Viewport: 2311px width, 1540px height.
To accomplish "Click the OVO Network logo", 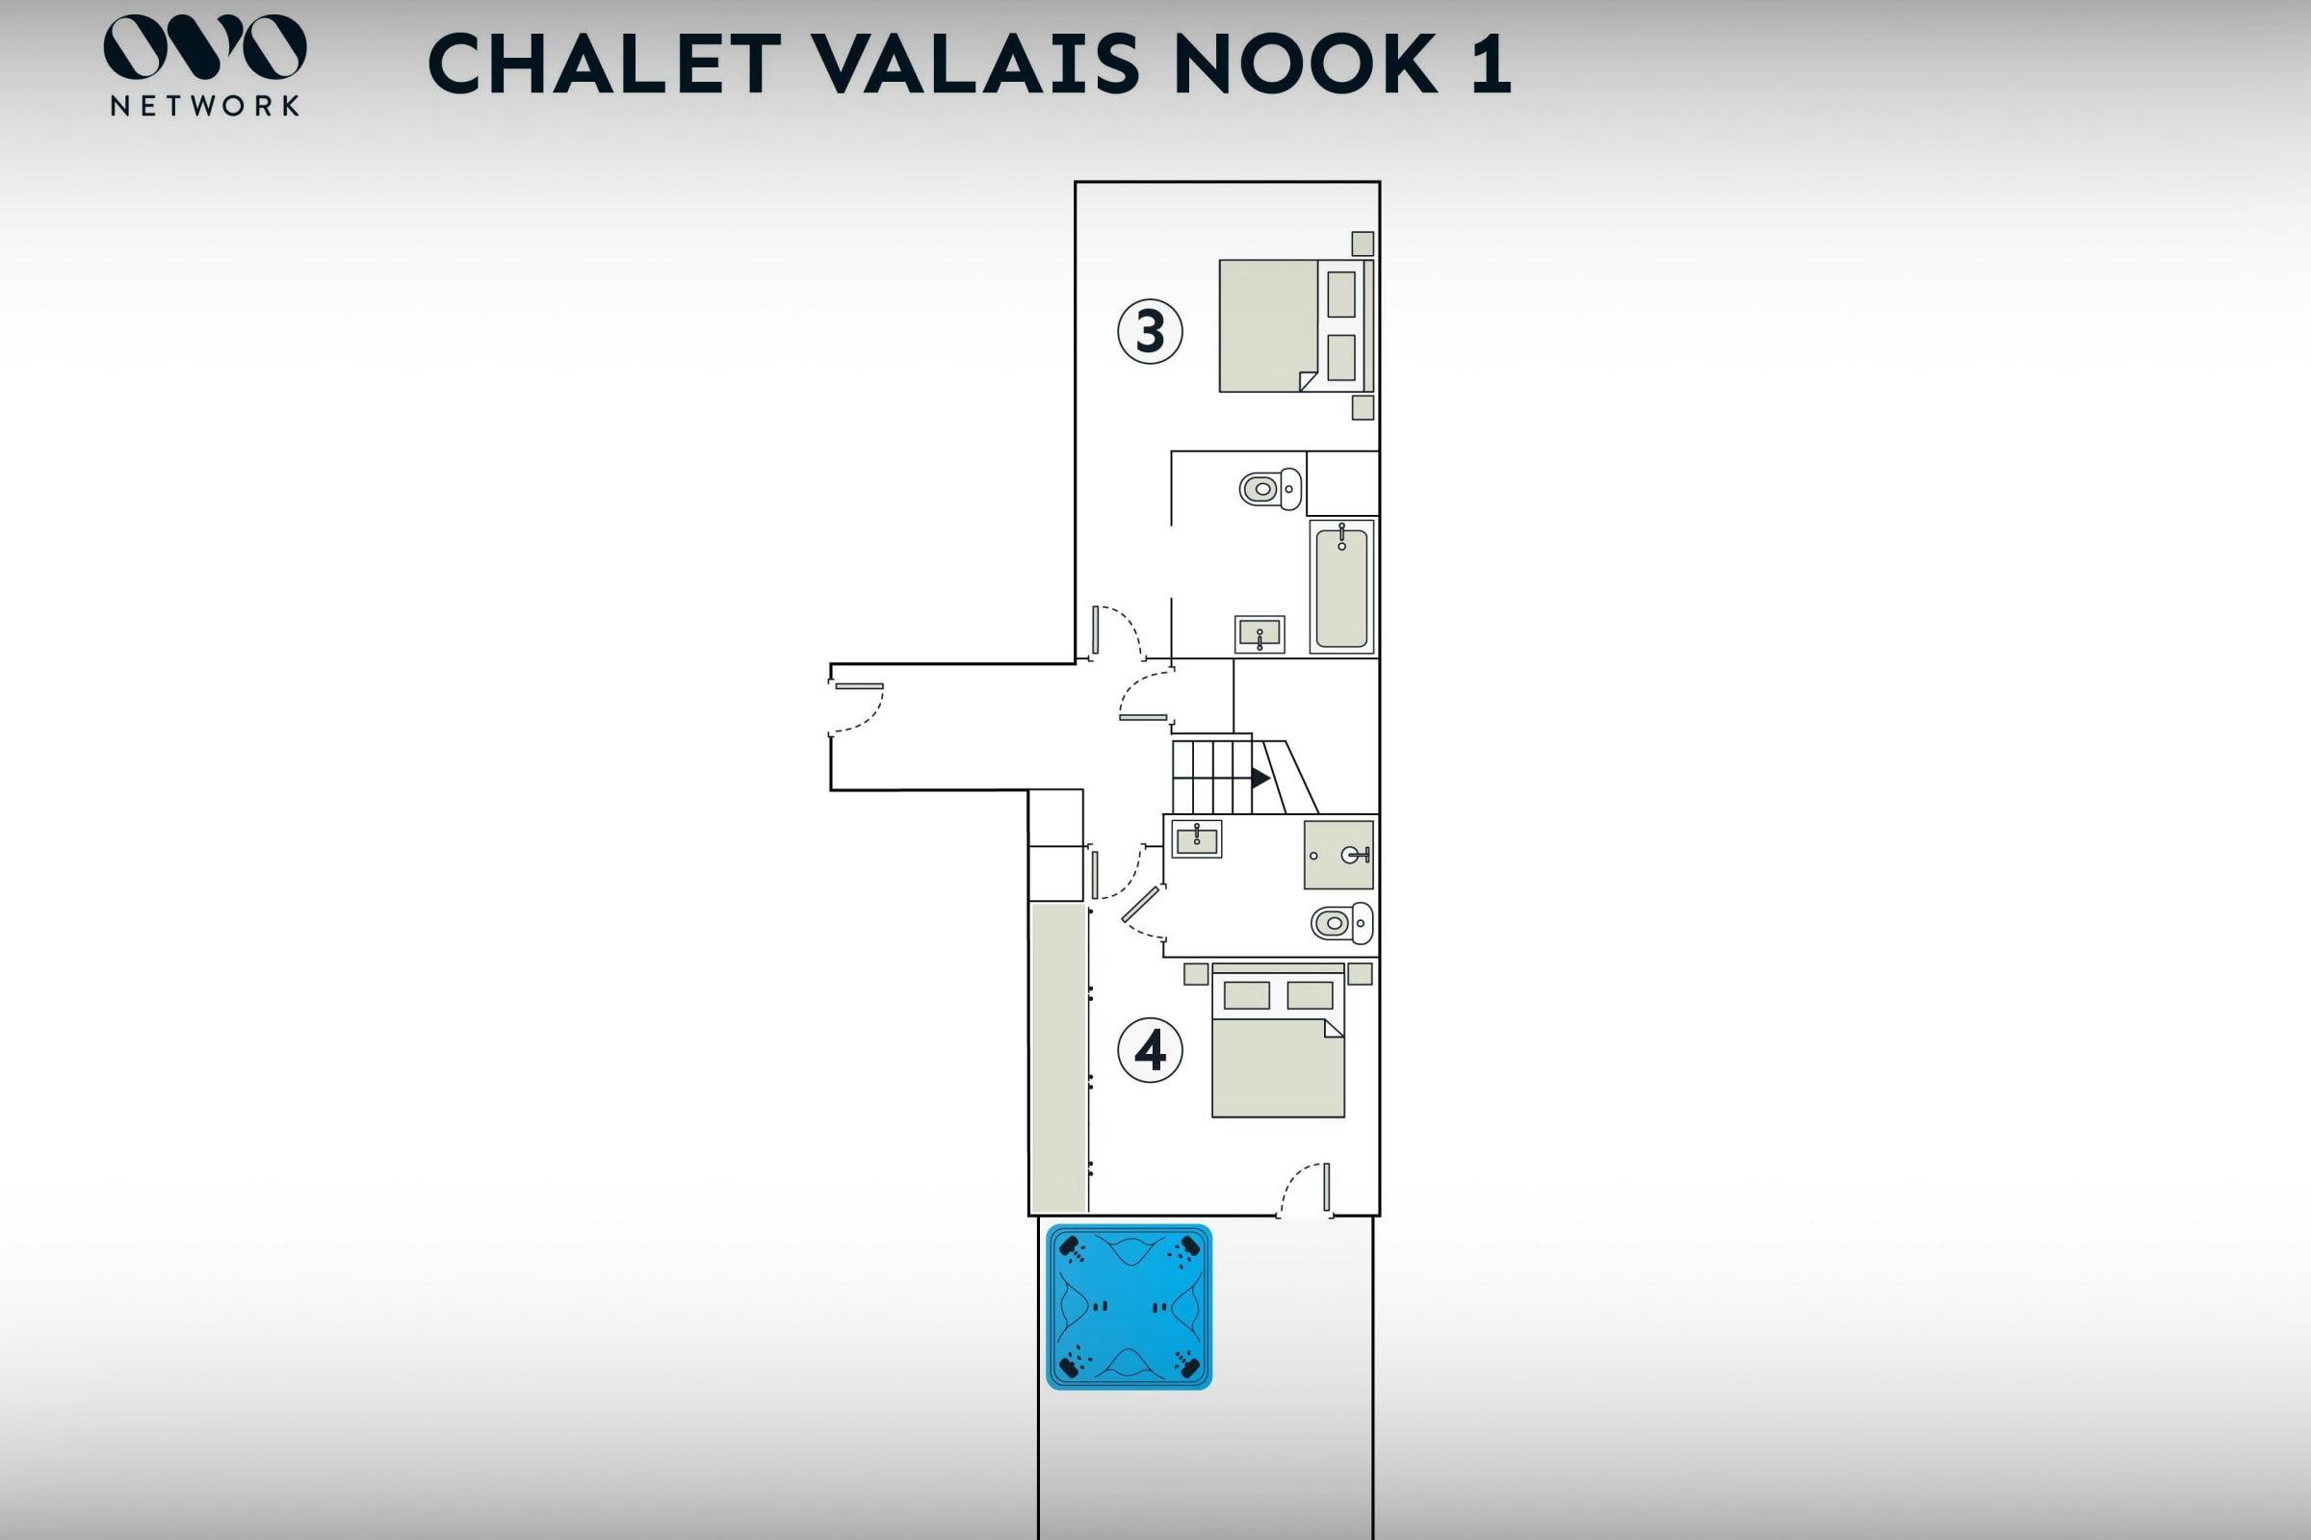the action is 204,64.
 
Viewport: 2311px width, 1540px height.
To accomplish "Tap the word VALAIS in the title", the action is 976,64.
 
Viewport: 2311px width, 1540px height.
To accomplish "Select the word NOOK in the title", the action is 1306,64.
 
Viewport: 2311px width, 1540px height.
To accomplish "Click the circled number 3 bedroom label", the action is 1150,332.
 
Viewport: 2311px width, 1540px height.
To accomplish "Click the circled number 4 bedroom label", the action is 1150,1050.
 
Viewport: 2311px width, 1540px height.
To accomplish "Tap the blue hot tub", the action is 1129,1306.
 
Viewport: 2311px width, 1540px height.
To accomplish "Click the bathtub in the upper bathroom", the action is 1341,586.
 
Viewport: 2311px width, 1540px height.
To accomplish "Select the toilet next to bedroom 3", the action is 1270,488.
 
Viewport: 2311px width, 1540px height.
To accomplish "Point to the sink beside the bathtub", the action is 1259,634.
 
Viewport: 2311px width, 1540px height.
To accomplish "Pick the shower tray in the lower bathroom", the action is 1338,855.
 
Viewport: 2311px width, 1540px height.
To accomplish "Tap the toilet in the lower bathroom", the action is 1342,923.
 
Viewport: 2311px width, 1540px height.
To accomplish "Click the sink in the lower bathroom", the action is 1197,838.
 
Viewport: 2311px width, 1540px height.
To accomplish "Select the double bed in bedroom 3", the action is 1296,326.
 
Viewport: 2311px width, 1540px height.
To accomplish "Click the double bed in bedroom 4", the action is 1279,1040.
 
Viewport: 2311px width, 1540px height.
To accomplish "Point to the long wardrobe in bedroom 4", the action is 1058,1057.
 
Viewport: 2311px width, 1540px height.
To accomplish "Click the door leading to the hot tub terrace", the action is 1306,1191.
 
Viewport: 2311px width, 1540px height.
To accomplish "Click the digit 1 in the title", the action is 1491,64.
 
